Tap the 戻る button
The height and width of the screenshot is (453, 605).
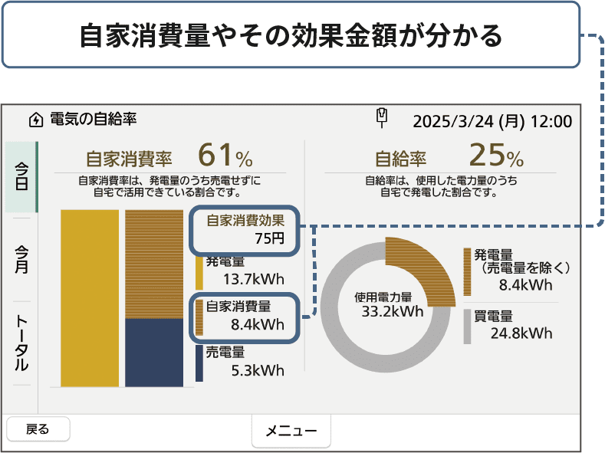[38, 429]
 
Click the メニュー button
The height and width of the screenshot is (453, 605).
[291, 431]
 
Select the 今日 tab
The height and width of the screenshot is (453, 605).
[21, 176]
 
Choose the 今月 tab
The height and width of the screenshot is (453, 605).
[21, 259]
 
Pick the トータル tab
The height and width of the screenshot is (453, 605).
[21, 342]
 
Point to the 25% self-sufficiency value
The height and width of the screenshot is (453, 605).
[495, 156]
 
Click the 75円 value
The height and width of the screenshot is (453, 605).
[269, 238]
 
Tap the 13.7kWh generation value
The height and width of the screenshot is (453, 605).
[253, 278]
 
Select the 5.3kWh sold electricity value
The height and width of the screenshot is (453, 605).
[258, 372]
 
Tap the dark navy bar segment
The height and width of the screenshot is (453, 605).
[153, 353]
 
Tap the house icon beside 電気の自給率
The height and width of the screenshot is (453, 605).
[35, 120]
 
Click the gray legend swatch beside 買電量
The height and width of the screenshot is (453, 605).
[467, 326]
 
